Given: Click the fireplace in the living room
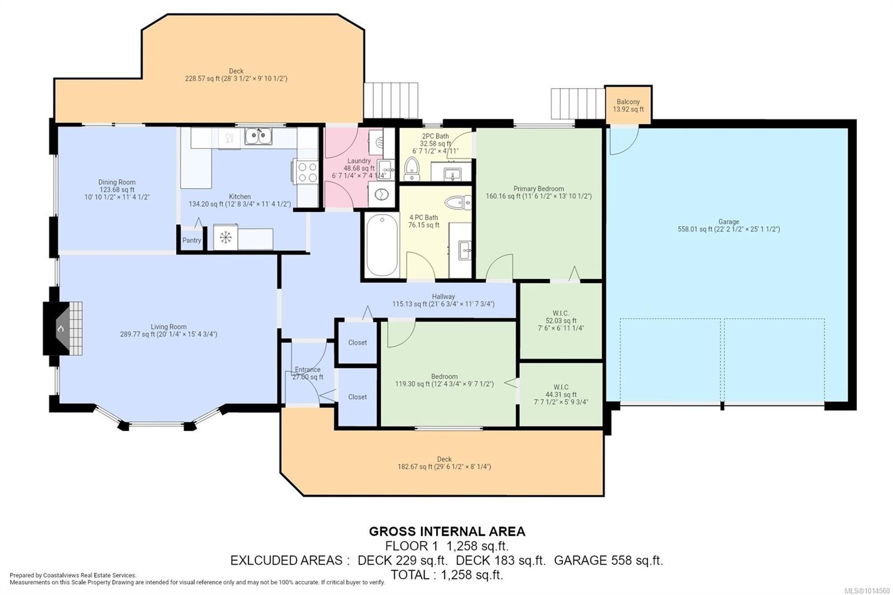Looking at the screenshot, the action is click(63, 328).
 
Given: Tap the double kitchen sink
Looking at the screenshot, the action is click(258, 136).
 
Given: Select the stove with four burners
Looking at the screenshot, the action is click(306, 171).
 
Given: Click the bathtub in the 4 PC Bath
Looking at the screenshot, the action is click(382, 245).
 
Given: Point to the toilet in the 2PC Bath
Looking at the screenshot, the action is click(412, 169).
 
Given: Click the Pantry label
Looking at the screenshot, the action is click(192, 240).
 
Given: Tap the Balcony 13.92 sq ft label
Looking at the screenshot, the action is click(628, 105).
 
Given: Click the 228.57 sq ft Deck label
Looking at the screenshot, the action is click(236, 75).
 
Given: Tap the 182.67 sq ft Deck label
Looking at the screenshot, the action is click(444, 463).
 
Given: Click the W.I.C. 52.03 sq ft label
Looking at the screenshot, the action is click(561, 320).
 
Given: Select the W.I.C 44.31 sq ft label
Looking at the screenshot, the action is click(561, 395).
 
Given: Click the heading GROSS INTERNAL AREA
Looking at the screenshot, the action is click(447, 531).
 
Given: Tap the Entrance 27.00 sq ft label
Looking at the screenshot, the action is click(308, 373).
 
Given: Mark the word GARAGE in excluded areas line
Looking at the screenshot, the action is click(580, 560).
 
